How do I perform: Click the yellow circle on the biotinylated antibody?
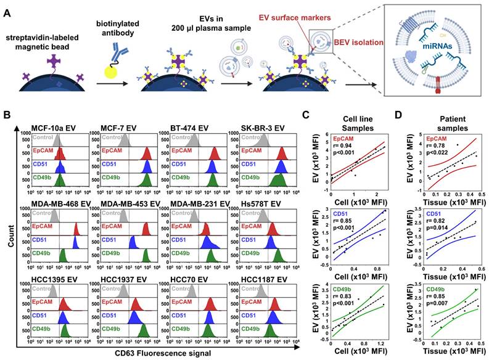[116, 73]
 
